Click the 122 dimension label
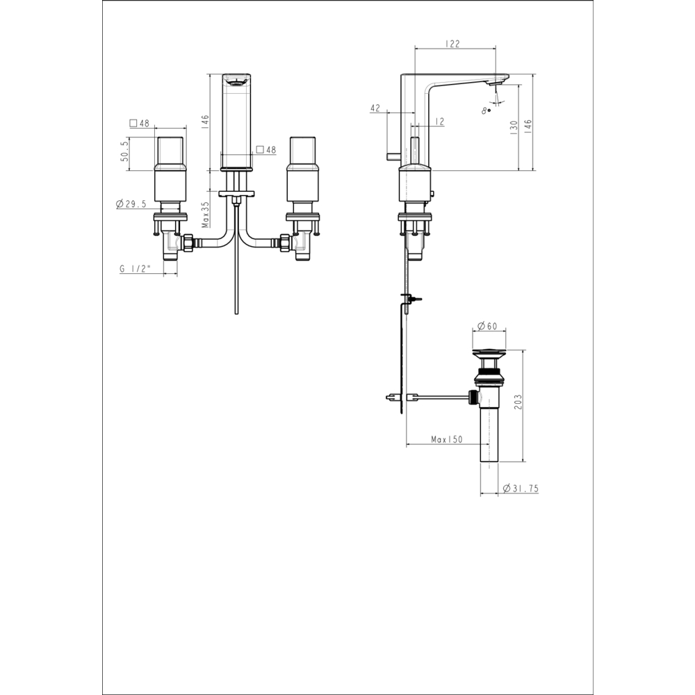click(452, 43)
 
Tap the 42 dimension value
click(375, 108)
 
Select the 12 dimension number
click(439, 121)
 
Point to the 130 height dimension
click(514, 128)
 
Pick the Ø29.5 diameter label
click(131, 204)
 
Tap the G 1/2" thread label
click(136, 268)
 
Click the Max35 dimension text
click(205, 215)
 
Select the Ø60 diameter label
click(487, 326)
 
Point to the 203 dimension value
click(519, 402)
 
